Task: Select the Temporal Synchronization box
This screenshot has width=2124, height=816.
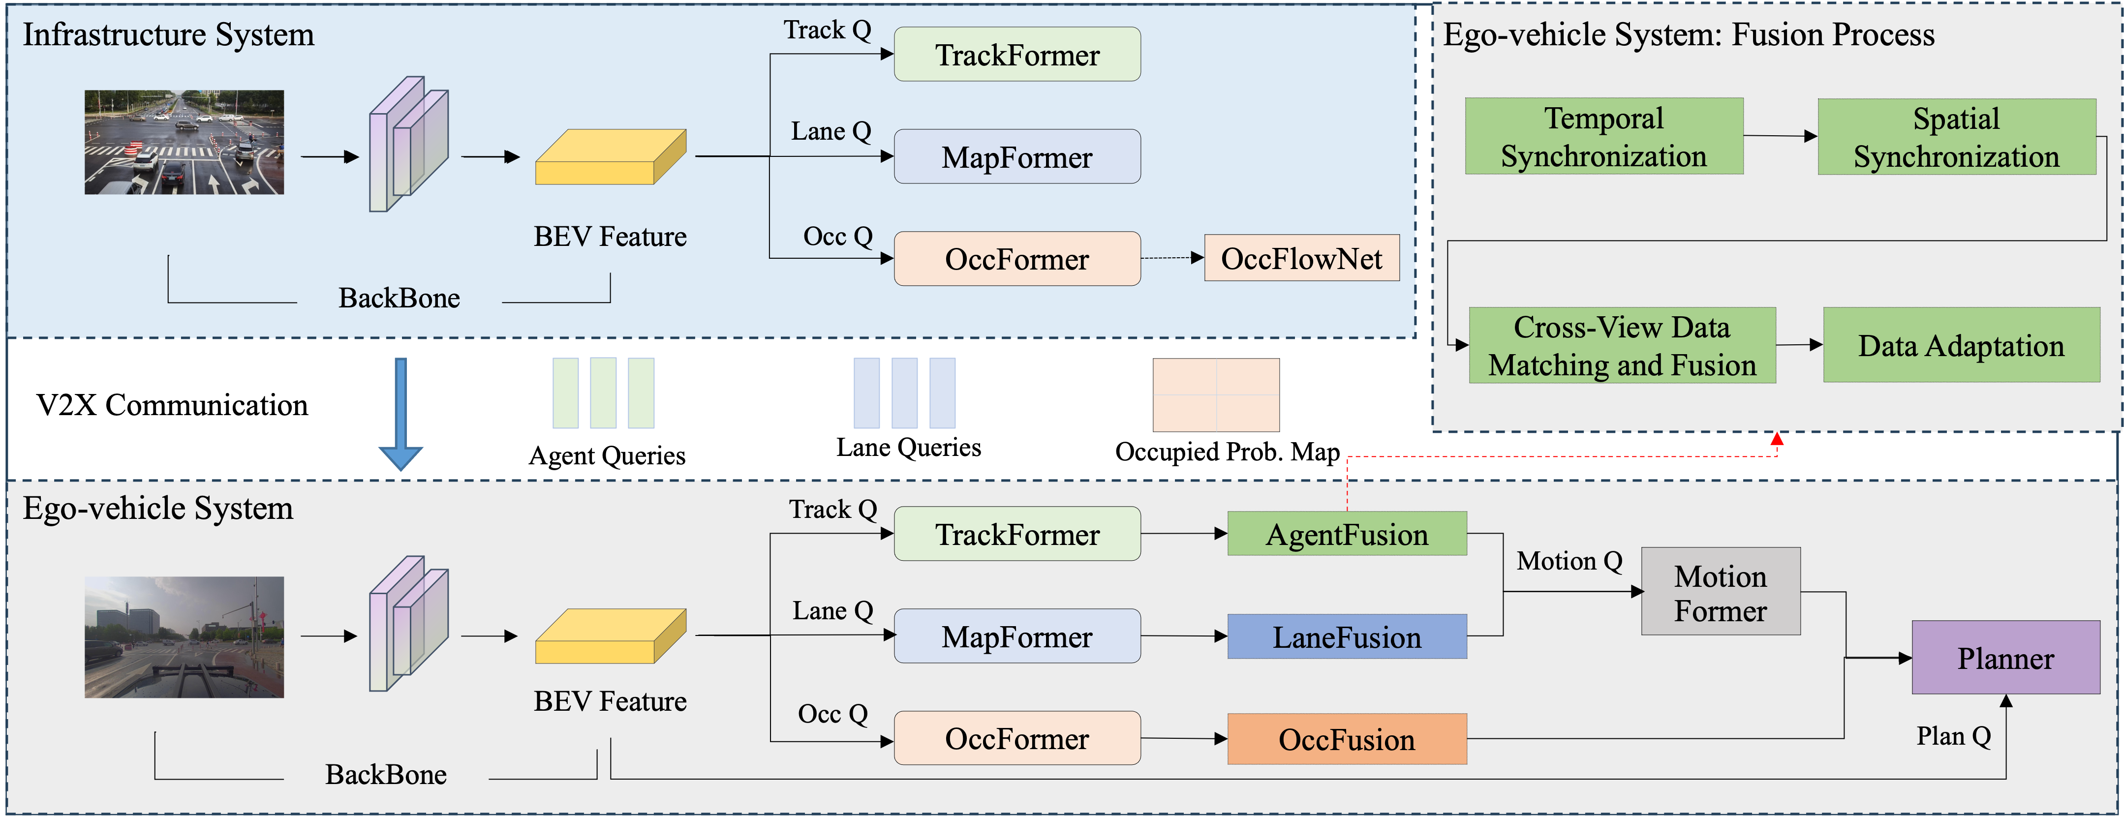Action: pyautogui.click(x=1604, y=136)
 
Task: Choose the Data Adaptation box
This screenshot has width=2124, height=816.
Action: pyautogui.click(x=1961, y=345)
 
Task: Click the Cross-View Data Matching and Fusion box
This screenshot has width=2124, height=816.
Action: pyautogui.click(x=1622, y=345)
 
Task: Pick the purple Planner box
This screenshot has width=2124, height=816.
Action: pyautogui.click(x=2005, y=658)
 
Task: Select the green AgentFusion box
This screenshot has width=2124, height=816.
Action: pyautogui.click(x=1347, y=534)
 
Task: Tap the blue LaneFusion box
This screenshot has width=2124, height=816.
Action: pyautogui.click(x=1347, y=636)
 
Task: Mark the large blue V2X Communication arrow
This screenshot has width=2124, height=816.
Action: pyautogui.click(x=400, y=412)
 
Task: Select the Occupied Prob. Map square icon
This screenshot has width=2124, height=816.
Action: pyautogui.click(x=1215, y=395)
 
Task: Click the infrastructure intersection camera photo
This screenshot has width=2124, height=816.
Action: pyautogui.click(x=184, y=143)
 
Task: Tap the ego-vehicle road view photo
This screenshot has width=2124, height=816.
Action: pyautogui.click(x=184, y=637)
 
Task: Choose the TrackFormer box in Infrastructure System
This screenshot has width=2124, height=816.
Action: pyautogui.click(x=1016, y=55)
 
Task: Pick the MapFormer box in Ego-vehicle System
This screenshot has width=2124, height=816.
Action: pyautogui.click(x=1016, y=636)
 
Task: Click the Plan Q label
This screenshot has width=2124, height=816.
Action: pyautogui.click(x=1953, y=736)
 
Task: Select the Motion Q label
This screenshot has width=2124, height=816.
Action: pyautogui.click(x=1569, y=561)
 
